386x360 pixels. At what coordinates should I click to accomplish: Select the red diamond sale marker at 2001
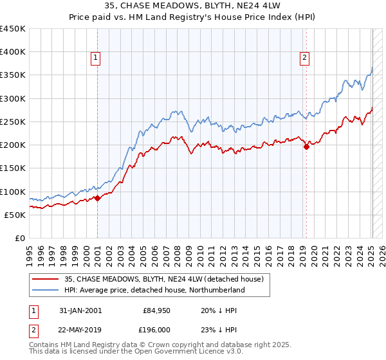tap(97, 198)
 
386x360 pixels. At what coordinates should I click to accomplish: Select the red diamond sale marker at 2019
tap(306, 147)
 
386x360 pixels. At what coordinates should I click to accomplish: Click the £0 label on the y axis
tap(20, 238)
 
